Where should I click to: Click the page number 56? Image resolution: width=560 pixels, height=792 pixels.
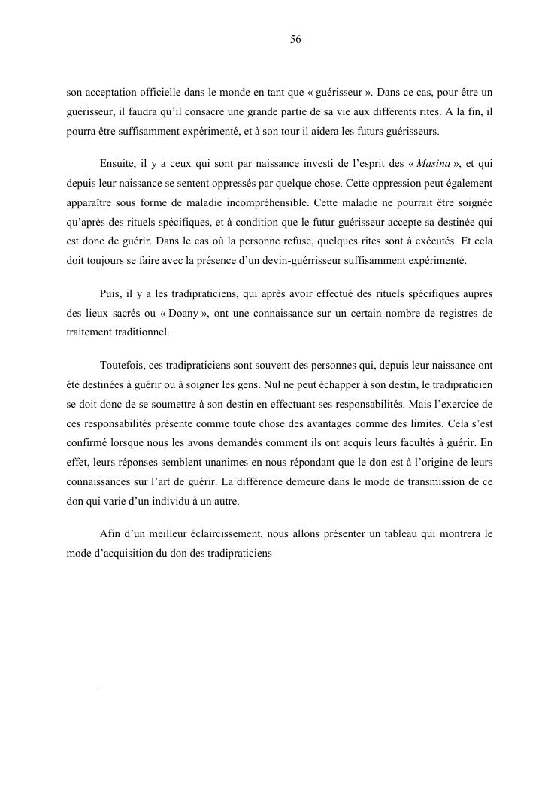[x=295, y=40]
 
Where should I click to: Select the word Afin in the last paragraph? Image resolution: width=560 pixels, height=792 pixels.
[x=109, y=534]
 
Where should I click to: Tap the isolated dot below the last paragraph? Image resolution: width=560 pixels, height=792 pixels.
[x=100, y=686]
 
